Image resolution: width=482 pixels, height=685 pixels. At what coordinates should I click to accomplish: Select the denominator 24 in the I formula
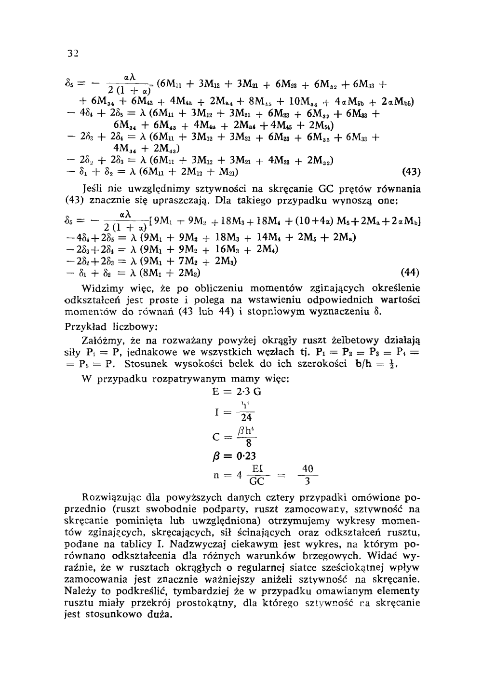[x=246, y=418]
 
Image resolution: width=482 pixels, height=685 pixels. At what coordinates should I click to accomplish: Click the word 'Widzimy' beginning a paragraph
[x=99, y=288]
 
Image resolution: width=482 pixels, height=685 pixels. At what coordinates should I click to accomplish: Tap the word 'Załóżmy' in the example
[x=100, y=339]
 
